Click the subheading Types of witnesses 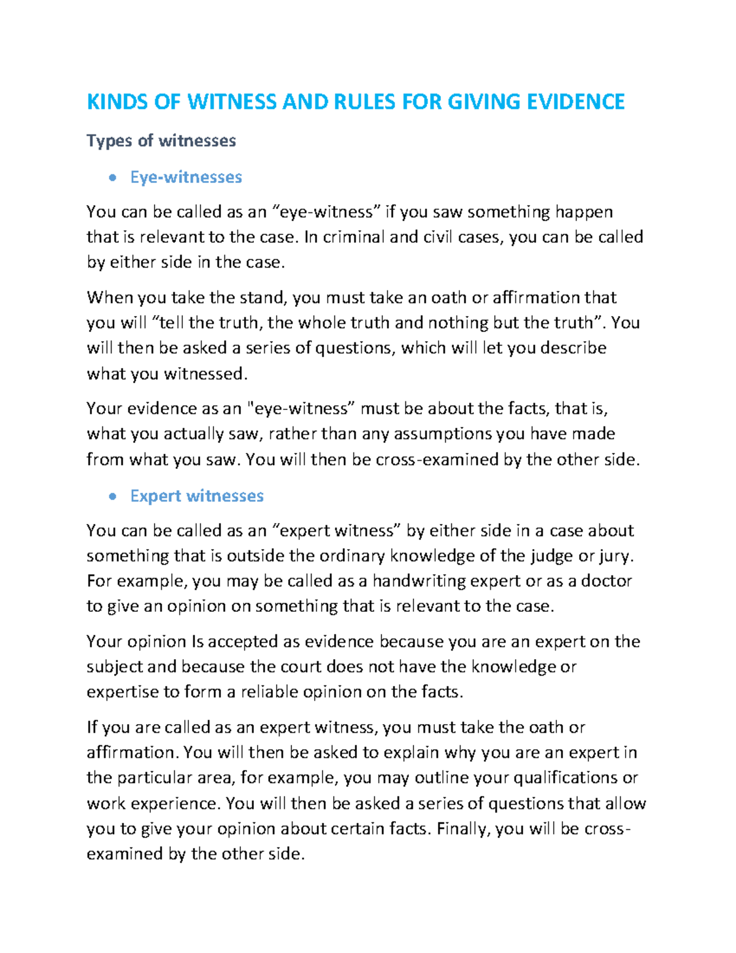click(x=161, y=141)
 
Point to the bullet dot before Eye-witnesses click(x=112, y=178)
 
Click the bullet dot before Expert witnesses click(x=112, y=496)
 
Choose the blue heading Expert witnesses click(x=197, y=496)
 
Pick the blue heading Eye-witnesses click(x=186, y=177)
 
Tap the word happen click(x=584, y=212)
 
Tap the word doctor click(x=607, y=581)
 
